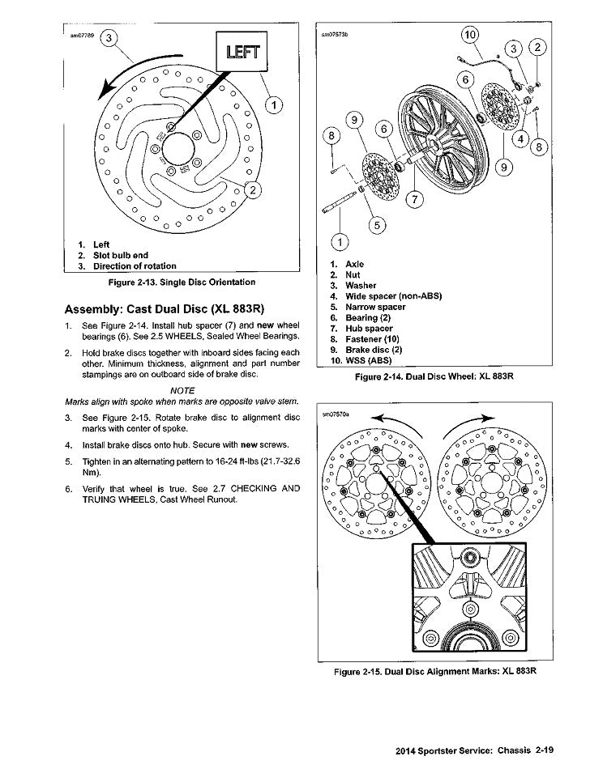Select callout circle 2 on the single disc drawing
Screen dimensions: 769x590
tap(253, 191)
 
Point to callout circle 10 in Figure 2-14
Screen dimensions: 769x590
tap(470, 35)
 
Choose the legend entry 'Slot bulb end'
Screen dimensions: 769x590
tap(121, 255)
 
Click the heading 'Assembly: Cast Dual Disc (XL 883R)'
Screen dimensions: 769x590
tap(165, 308)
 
